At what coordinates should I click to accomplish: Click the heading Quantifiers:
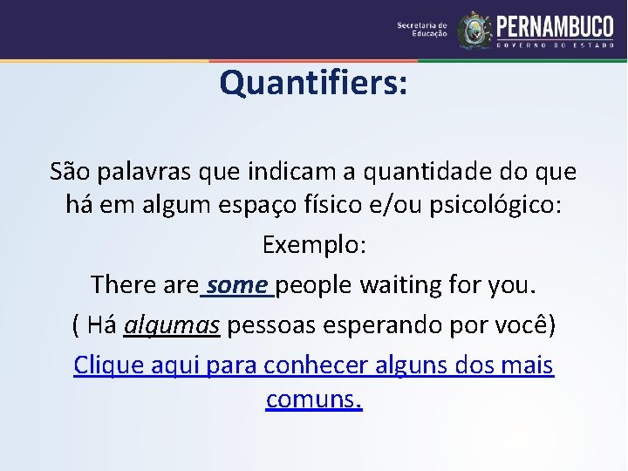pyautogui.click(x=313, y=84)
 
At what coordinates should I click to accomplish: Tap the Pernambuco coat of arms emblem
pyautogui.click(x=474, y=30)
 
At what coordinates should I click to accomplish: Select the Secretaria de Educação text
pyautogui.click(x=422, y=30)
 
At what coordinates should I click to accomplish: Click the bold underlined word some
pyautogui.click(x=238, y=285)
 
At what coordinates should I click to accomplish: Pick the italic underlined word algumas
pyautogui.click(x=172, y=325)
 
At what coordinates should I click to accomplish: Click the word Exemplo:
pyautogui.click(x=314, y=245)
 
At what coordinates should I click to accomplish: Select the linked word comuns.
pyautogui.click(x=314, y=400)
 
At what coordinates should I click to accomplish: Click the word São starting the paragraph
pyautogui.click(x=69, y=172)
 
